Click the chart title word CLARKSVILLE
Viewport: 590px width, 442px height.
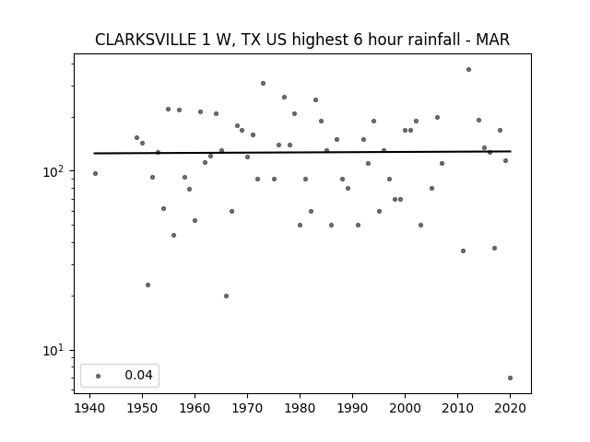[x=146, y=40]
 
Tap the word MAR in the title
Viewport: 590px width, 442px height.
[x=493, y=40]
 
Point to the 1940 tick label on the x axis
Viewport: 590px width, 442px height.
[x=90, y=408]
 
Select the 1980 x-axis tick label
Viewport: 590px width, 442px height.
[x=300, y=408]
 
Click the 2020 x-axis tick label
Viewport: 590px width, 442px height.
[x=510, y=408]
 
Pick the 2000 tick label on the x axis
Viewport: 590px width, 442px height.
[x=405, y=408]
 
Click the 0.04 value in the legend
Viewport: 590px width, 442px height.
[x=138, y=375]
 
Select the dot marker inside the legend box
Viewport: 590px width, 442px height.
[x=99, y=376]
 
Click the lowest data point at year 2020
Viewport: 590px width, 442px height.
[x=510, y=378]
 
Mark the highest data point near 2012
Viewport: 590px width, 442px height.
[x=468, y=70]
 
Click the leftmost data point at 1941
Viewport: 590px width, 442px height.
[x=95, y=174]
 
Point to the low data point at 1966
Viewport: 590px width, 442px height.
[x=226, y=297]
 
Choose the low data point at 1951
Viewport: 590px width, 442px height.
[x=147, y=285]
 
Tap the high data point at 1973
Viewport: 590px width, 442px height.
[x=263, y=84]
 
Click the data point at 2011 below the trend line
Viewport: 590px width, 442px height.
[x=463, y=251]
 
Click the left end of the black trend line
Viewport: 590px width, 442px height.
[x=94, y=154]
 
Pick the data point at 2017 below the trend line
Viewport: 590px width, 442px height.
[x=494, y=248]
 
